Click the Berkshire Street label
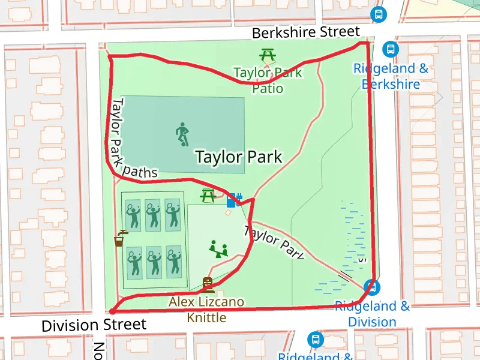[305, 32]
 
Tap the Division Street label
[94, 325]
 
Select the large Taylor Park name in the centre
[238, 157]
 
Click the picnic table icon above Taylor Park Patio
[268, 55]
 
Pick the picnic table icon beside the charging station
[208, 195]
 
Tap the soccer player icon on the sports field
[182, 134]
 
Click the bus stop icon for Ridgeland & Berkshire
[390, 49]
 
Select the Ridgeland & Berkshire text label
[391, 76]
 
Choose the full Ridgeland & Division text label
[372, 314]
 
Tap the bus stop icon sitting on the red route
[372, 287]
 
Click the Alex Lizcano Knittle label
[206, 309]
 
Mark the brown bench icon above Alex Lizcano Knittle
[208, 283]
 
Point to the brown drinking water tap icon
[121, 238]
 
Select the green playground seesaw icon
[218, 248]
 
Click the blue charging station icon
[233, 200]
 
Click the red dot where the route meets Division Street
[112, 311]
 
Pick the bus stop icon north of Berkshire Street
[378, 14]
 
